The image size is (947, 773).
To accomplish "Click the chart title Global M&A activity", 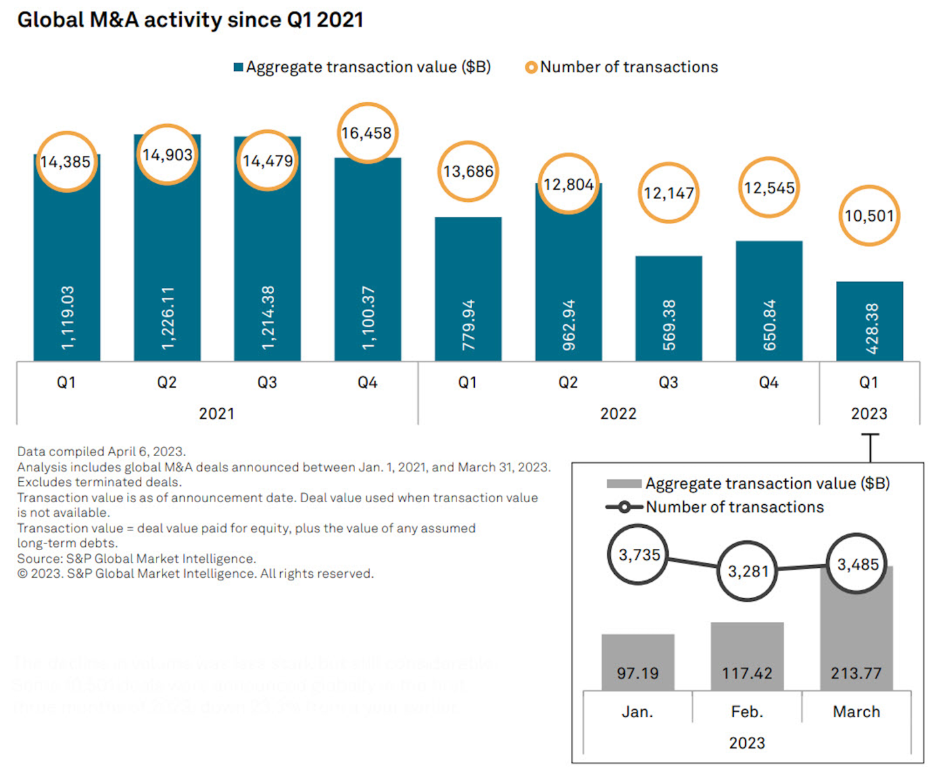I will pyautogui.click(x=190, y=20).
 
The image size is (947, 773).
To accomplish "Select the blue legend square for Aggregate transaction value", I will pyautogui.click(x=239, y=67).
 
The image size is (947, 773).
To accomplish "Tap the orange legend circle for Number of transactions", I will pyautogui.click(x=531, y=67).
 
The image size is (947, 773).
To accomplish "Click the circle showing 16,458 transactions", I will pyautogui.click(x=367, y=133).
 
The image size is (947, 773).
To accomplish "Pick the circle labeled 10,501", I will pyautogui.click(x=869, y=216).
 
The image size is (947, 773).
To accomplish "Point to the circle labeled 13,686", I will pyautogui.click(x=468, y=172).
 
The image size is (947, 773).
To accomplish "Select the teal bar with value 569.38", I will pyautogui.click(x=668, y=309).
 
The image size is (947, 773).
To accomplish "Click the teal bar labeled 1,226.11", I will pyautogui.click(x=167, y=263).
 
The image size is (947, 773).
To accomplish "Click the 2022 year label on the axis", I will pyautogui.click(x=618, y=413).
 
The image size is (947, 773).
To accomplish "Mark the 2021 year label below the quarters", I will pyautogui.click(x=216, y=413).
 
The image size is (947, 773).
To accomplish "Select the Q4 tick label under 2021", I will pyautogui.click(x=367, y=383).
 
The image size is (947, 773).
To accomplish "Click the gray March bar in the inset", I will pyautogui.click(x=856, y=631).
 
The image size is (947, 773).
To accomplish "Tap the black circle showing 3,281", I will pyautogui.click(x=747, y=571).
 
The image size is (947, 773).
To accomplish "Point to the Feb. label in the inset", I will pyautogui.click(x=747, y=712).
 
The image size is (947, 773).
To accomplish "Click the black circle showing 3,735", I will pyautogui.click(x=638, y=555).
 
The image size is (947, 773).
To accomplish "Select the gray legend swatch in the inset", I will pyautogui.click(x=623, y=484).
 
